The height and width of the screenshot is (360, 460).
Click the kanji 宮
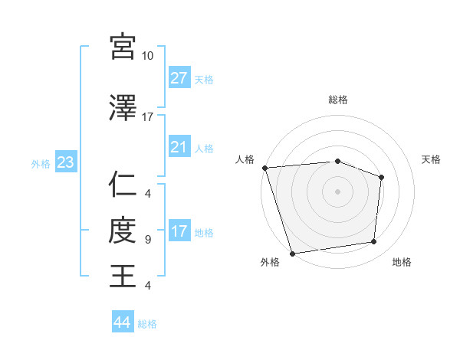123,47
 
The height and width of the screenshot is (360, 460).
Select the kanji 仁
123,185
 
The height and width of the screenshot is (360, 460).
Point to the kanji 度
123,230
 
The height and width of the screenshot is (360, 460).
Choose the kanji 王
123,276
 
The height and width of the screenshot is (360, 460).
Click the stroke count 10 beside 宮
148,56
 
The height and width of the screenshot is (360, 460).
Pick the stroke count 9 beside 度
148,240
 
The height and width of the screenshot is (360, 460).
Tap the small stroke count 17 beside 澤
148,117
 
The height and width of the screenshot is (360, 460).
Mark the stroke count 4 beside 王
148,286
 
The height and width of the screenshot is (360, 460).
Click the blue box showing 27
179,78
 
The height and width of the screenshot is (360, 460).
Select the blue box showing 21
179,147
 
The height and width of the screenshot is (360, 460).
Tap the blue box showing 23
65,162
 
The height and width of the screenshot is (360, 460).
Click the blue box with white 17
179,231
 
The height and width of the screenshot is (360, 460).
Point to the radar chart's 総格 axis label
337,100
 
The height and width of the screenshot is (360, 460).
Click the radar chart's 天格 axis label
431,159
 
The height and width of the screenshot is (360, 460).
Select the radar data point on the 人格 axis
264,168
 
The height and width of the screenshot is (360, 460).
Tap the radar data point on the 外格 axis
293,252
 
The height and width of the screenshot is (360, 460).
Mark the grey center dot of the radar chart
337,191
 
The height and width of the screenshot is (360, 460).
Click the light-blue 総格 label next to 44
147,324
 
